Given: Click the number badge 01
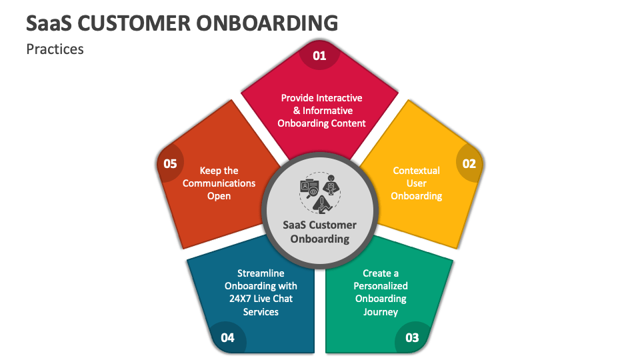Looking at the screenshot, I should pos(320,55).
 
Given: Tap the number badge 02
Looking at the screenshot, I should pos(469,163).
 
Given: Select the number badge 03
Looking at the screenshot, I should pos(412,337).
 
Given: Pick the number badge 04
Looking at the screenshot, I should pos(227,337).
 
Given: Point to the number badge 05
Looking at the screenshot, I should pos(170,163).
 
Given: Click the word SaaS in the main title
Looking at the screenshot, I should pos(49,23).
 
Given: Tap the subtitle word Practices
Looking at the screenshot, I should pos(55,49).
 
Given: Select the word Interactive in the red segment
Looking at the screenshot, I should pos(340,98).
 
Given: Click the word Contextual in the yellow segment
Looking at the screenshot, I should pos(417,171).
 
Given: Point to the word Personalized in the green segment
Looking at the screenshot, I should pos(381,286).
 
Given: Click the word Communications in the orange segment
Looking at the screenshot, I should pos(219,183).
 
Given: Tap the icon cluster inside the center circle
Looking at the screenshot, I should pos(320,193).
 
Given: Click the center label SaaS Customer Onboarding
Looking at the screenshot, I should pos(320,231).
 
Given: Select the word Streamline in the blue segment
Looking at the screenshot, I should pos(261,273).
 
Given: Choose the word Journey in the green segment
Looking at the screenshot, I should pos(381,311).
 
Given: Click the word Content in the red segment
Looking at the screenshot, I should pos(347,123).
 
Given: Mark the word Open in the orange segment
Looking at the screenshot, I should pos(219,196).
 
